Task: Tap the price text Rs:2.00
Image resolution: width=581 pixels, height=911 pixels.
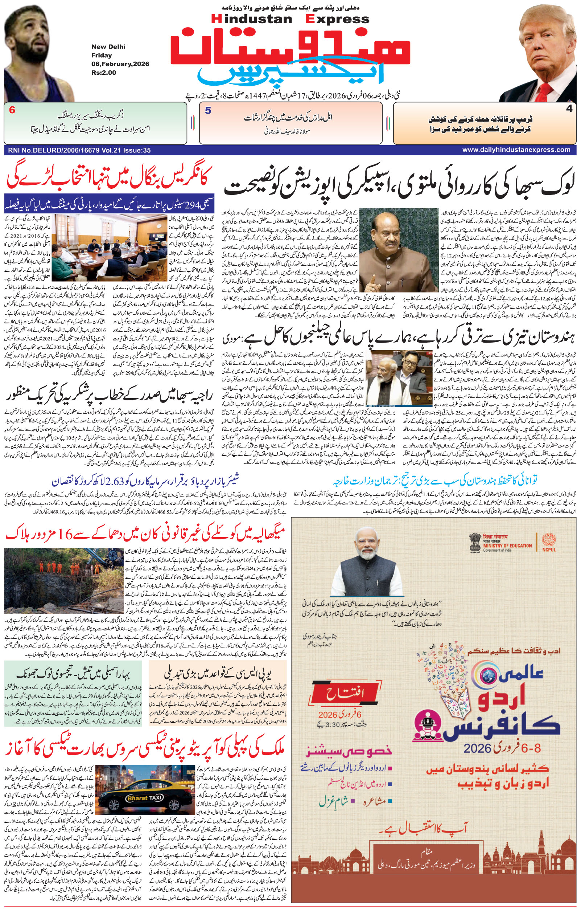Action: point(104,73)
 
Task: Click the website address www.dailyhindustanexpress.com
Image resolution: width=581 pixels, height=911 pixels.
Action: point(516,150)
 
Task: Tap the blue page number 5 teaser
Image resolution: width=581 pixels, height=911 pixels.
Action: point(208,111)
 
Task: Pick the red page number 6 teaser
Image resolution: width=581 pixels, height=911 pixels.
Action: point(12,110)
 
